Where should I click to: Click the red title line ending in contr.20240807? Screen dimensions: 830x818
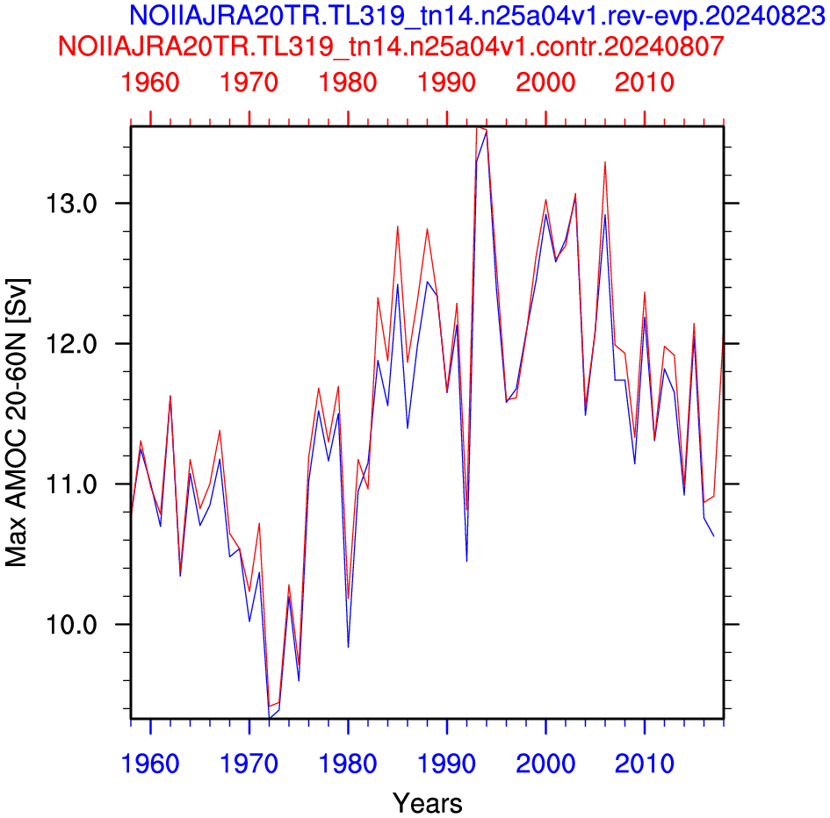coord(391,46)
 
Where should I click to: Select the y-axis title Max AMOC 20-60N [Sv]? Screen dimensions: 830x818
coord(17,422)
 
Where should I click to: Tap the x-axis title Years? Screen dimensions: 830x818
coord(427,803)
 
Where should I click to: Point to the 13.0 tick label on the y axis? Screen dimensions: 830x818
coord(71,203)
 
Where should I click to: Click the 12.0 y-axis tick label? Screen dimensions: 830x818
coord(71,343)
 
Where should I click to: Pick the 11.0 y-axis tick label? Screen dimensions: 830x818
coord(71,484)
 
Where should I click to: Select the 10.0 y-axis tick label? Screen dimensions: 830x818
coord(71,624)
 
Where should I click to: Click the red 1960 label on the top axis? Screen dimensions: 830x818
coord(150,83)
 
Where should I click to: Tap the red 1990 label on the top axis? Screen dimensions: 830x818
coord(447,83)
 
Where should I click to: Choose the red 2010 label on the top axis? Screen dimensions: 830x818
coord(644,83)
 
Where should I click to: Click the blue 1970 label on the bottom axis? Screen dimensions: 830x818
coord(249,764)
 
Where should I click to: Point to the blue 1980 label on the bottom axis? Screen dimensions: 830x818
coord(348,764)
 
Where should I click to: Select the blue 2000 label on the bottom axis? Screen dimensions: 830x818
coord(545,764)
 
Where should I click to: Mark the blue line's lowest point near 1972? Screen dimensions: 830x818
coord(269,717)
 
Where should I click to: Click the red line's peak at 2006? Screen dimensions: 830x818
coord(605,161)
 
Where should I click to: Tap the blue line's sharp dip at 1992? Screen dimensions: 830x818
coord(466,561)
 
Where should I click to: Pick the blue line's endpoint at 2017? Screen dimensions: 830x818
coord(713,536)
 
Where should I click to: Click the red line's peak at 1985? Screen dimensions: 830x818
coord(398,226)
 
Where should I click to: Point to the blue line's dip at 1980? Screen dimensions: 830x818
coord(349,647)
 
